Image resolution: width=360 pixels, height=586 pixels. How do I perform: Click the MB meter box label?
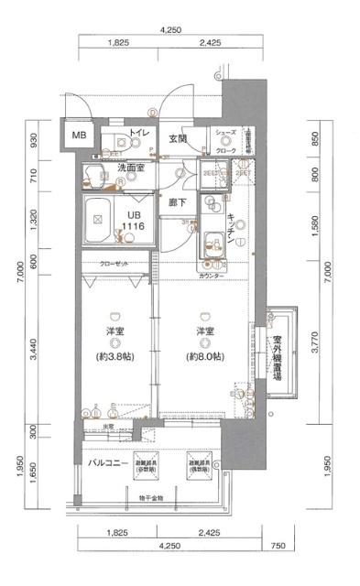[x=81, y=136]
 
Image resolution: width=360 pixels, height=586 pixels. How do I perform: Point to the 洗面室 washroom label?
[x=121, y=169]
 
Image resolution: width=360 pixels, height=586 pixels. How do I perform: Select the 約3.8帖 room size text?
[x=115, y=357]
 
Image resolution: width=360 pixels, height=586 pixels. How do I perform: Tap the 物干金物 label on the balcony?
[x=151, y=499]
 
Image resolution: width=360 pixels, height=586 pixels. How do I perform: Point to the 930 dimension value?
[x=34, y=139]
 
